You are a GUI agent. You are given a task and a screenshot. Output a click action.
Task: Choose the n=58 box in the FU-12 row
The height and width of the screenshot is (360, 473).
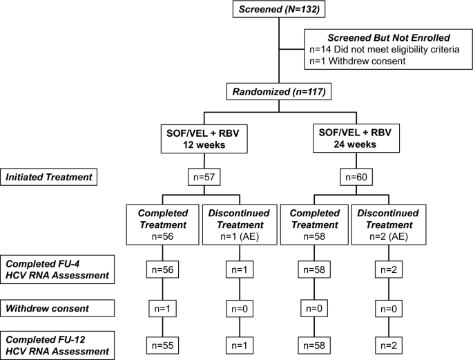point(305,343)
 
